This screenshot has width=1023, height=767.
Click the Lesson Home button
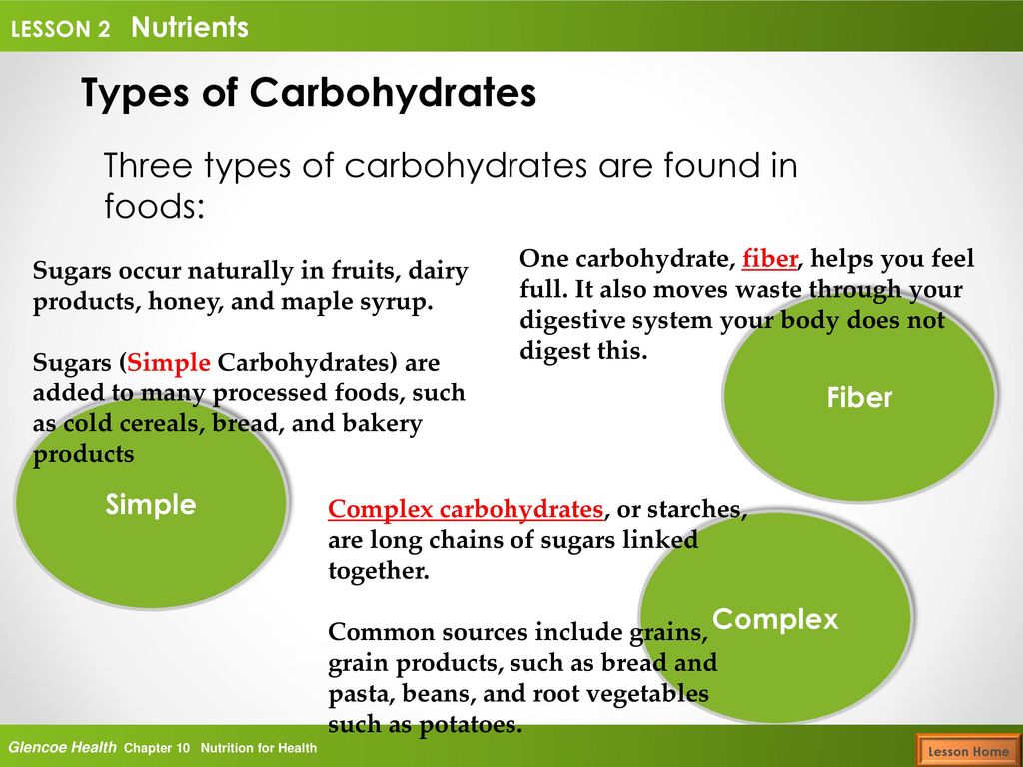[x=968, y=751]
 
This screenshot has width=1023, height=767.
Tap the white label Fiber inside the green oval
[x=859, y=397]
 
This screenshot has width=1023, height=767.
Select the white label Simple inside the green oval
[x=151, y=505]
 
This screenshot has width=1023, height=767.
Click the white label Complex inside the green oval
[x=775, y=619]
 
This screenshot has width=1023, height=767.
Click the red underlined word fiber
[x=769, y=259]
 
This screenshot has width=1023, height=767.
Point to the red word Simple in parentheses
[x=168, y=362]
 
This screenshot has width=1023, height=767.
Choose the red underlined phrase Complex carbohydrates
[x=466, y=510]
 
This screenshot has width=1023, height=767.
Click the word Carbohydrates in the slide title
[x=393, y=93]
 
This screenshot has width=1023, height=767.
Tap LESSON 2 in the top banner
[x=61, y=29]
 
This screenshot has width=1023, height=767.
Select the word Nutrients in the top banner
[x=190, y=27]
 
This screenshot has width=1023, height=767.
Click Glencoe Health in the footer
[x=63, y=747]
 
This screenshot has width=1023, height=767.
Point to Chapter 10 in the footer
[x=157, y=748]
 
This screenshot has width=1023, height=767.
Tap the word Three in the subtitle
[x=148, y=165]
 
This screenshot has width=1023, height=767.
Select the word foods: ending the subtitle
[x=155, y=206]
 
